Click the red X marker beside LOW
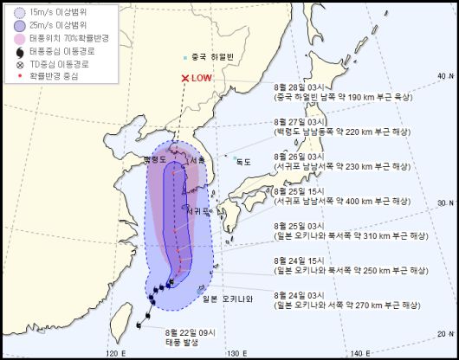point(184,80)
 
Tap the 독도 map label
point(243,161)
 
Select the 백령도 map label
point(154,160)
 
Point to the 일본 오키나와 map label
point(227,299)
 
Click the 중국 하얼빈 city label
point(211,58)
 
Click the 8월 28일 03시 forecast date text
point(297,87)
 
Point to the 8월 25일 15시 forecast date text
point(297,191)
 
